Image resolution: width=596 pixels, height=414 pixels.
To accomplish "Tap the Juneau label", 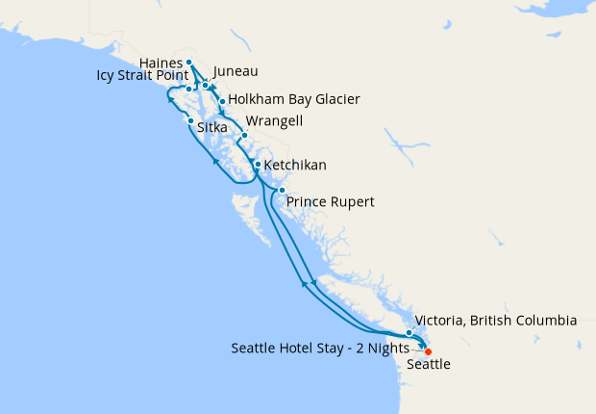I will [236, 71].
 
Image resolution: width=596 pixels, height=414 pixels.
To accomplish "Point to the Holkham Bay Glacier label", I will [295, 99].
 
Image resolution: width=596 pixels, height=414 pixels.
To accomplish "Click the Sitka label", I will [212, 126].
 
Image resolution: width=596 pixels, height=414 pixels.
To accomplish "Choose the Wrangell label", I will [275, 121].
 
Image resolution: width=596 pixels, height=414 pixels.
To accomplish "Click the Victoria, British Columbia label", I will [495, 321].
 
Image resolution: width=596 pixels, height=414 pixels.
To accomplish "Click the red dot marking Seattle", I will [428, 351].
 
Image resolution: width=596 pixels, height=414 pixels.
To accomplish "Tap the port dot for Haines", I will [189, 63].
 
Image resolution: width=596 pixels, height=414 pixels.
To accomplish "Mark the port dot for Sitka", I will [190, 120].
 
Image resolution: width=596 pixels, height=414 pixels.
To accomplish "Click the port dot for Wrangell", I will [244, 135].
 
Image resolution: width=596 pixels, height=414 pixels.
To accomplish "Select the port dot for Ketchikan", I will [257, 165].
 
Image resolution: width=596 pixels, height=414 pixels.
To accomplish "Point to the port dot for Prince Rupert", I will [281, 191].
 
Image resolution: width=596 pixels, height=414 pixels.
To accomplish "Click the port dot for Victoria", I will [409, 332].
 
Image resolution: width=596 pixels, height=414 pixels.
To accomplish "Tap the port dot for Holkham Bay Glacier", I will [222, 101].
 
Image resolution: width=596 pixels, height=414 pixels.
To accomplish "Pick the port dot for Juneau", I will [206, 86].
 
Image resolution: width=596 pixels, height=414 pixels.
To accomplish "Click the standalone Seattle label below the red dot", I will [429, 365].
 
